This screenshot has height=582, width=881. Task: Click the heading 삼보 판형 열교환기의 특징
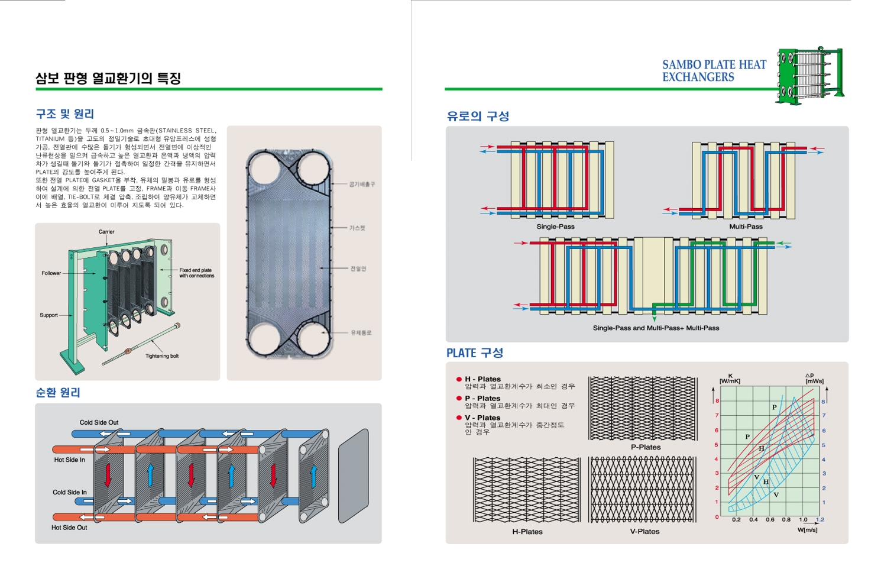(108, 78)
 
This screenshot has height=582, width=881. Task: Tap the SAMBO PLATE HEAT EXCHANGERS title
(714, 71)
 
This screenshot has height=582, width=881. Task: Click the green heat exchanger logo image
(810, 76)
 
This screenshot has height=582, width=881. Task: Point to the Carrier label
(106, 232)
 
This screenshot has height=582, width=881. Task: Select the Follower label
(51, 273)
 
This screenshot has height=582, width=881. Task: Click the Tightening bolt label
(161, 356)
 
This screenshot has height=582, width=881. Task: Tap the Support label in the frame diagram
(48, 315)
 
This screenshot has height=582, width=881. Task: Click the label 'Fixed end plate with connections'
(196, 273)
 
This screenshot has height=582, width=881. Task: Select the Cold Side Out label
(99, 422)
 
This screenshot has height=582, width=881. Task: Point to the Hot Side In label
(69, 460)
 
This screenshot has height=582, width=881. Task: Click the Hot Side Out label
(69, 528)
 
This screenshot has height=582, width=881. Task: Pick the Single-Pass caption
(555, 227)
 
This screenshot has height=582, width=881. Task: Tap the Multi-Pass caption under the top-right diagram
(746, 227)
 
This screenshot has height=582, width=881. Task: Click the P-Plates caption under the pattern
(645, 447)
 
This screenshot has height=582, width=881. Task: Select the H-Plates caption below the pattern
(527, 532)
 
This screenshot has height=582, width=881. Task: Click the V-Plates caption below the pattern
(644, 532)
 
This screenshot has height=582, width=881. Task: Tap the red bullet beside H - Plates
(459, 379)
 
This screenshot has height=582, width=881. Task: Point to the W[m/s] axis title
(807, 529)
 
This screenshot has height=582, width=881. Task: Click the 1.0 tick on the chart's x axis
(803, 520)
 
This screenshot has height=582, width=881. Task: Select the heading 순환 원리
(58, 393)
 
